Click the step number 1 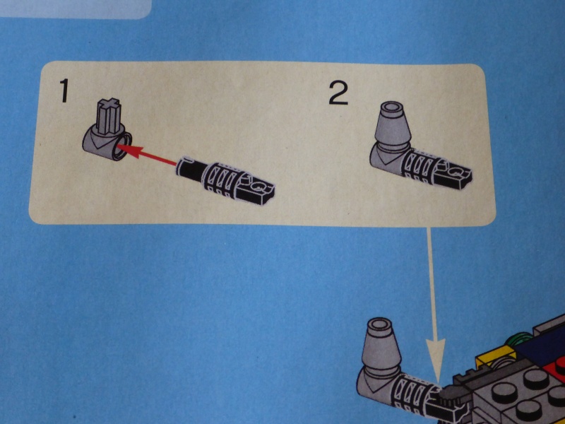64,90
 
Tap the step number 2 339,93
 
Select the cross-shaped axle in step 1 108,117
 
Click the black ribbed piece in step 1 225,179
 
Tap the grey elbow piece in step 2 388,158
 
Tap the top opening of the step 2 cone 393,107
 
